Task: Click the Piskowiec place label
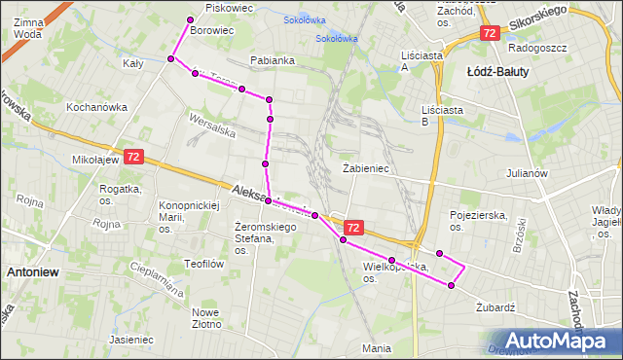(230, 8)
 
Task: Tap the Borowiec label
(212, 31)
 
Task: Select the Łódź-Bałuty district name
(497, 72)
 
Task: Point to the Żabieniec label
(366, 168)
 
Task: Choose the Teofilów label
(204, 264)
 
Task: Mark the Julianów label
(527, 175)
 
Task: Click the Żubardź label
(495, 306)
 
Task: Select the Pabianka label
(272, 60)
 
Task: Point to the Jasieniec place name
(131, 341)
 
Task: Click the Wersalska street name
(213, 126)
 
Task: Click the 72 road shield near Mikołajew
(133, 157)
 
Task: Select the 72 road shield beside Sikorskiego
(489, 33)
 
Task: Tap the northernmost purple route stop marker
(191, 20)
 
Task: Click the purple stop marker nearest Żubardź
(451, 285)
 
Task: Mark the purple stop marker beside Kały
(170, 59)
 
